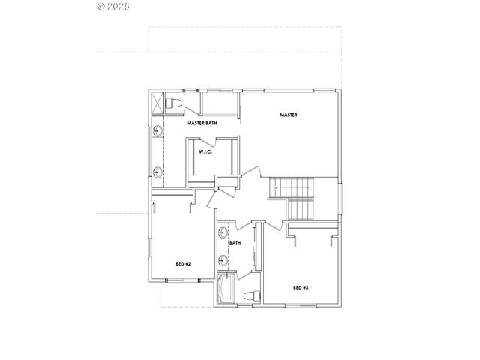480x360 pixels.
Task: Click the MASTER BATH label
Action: coord(202,122)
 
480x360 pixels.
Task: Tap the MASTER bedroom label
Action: coord(289,115)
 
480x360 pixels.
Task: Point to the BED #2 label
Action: coord(184,263)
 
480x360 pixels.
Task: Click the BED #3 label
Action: coord(301,287)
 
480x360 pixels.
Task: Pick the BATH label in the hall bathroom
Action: coord(235,242)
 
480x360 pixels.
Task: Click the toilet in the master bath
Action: coord(174,102)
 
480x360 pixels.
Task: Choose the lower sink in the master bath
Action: coord(158,172)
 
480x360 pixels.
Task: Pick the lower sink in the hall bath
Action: coord(223,261)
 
